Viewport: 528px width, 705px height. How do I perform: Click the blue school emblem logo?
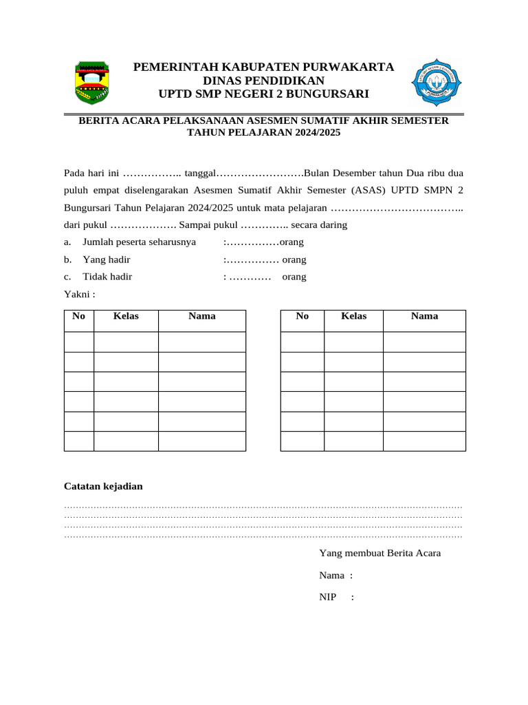431,81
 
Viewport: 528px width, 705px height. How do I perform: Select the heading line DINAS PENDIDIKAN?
263,81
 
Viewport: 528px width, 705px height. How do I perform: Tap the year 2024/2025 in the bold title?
316,132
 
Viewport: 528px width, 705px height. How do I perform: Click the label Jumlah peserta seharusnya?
139,242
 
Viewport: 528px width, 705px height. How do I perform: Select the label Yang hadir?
107,260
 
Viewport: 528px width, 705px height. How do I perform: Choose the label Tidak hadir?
107,277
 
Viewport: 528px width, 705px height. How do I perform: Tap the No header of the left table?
78,316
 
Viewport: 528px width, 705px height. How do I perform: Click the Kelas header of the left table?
126,316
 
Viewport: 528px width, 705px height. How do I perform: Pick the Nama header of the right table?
424,316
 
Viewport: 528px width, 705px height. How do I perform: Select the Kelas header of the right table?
353,316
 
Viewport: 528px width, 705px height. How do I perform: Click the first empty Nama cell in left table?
201,341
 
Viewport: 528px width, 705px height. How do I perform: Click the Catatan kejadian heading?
103,486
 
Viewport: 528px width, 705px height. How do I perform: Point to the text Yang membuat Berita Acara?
379,553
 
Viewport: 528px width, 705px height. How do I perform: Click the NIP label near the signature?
327,597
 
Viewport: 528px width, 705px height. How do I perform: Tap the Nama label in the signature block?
331,575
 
